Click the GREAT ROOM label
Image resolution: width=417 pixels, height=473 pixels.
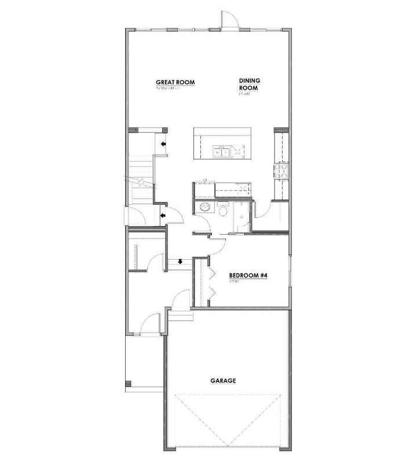coord(175,82)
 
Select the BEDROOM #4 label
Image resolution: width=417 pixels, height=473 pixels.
coord(247,276)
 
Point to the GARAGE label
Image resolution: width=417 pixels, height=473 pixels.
coord(222,381)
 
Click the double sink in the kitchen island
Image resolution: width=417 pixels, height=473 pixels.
coord(221,153)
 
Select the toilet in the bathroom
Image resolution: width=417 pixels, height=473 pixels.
coord(224,209)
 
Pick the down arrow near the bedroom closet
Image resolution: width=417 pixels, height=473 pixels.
coord(181,261)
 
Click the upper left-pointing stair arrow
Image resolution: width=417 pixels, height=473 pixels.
coord(164,143)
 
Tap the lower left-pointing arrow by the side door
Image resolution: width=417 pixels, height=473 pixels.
coord(163,216)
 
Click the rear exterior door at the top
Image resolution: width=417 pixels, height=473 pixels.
coord(227,20)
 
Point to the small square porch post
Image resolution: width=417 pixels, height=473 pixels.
coord(128,383)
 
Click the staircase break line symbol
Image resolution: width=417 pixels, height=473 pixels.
coord(141,183)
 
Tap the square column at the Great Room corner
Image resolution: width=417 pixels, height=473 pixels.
coord(164,130)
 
